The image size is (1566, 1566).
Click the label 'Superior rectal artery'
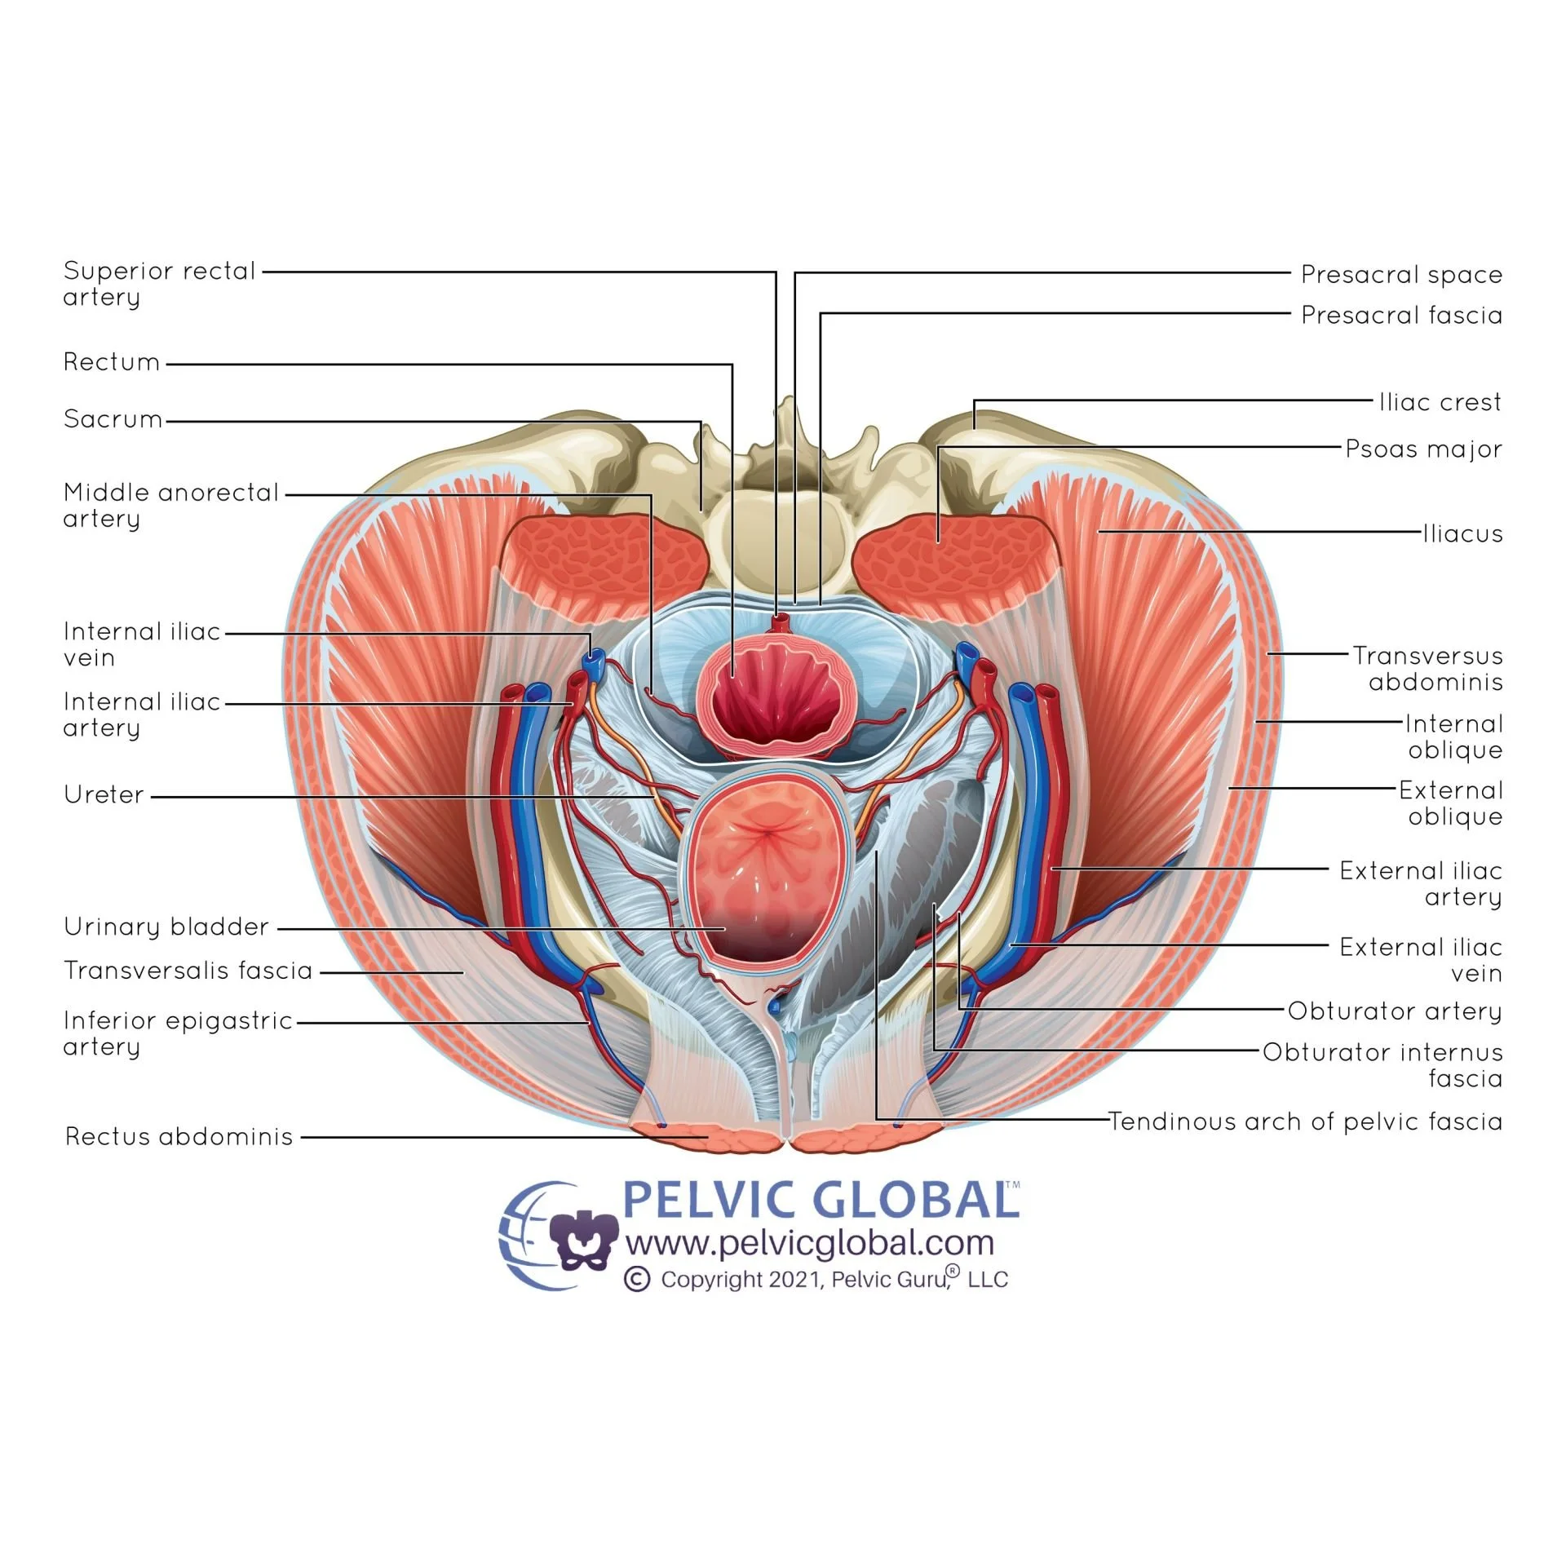click(159, 283)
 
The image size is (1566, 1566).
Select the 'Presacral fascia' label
click(1400, 315)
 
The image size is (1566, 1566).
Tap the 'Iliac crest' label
click(1440, 402)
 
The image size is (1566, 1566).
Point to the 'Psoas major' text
click(1423, 449)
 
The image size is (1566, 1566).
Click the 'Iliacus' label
click(1462, 533)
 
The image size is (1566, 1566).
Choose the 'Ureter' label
click(104, 794)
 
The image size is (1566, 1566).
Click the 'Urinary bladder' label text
click(166, 927)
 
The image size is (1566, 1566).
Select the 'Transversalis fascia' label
click(188, 971)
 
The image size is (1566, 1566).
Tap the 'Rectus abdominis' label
click(179, 1136)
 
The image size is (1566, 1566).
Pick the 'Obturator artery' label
click(1394, 1011)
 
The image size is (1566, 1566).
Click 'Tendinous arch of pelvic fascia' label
click(1304, 1121)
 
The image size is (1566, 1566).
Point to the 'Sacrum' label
click(113, 419)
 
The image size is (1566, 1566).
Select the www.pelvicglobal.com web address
click(809, 1244)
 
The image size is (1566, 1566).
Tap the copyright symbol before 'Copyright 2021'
click(637, 1279)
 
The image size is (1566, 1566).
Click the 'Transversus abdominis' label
click(1427, 668)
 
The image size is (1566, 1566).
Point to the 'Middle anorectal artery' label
click(170, 505)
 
